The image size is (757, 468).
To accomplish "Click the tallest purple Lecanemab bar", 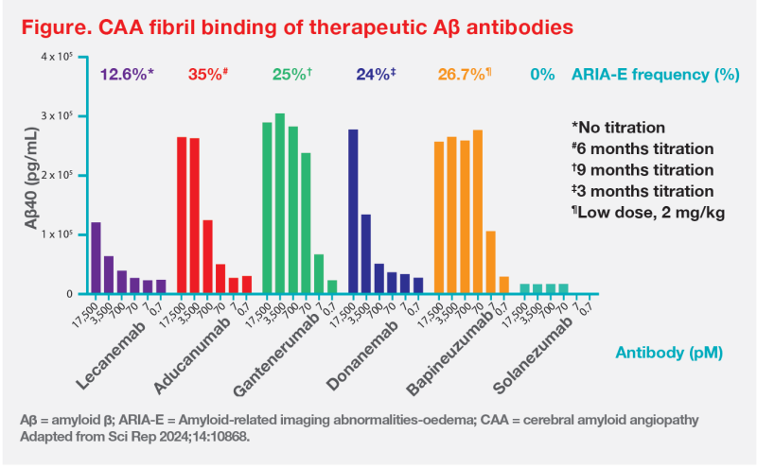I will pyautogui.click(x=96, y=258).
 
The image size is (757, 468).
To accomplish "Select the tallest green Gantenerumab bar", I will pyautogui.click(x=280, y=204).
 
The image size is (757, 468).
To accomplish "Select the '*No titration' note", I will pyautogui.click(x=620, y=127).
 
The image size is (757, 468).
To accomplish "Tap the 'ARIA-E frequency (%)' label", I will pyautogui.click(x=655, y=74).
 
